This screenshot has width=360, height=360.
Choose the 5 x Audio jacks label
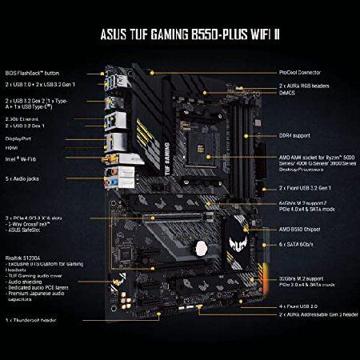[28, 180]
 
